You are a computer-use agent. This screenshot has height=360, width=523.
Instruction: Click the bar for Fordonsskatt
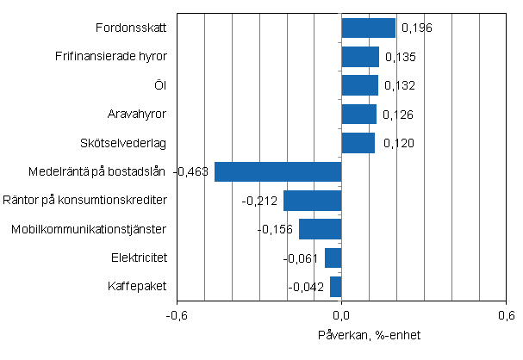tap(369, 28)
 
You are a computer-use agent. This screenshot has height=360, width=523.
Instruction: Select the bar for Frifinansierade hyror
tap(360, 57)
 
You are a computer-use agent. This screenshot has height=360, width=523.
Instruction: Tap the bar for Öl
tap(360, 85)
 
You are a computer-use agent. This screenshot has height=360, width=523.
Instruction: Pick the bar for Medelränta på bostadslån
tap(277, 171)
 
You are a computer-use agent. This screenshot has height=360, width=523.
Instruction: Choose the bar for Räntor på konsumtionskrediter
tap(312, 201)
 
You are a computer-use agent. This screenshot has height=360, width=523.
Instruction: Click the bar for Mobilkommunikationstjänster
tap(320, 229)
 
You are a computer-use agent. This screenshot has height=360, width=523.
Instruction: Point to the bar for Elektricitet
tap(333, 258)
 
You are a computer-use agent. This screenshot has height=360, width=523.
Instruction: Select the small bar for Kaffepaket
tap(336, 286)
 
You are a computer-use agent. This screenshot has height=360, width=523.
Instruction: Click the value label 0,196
tap(416, 28)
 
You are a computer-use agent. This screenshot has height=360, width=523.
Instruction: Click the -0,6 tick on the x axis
tap(177, 315)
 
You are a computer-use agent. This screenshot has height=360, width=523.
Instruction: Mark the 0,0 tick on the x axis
tap(342, 315)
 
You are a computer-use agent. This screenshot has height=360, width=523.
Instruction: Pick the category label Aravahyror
tap(137, 115)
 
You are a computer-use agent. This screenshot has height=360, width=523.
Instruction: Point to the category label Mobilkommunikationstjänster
tap(89, 229)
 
